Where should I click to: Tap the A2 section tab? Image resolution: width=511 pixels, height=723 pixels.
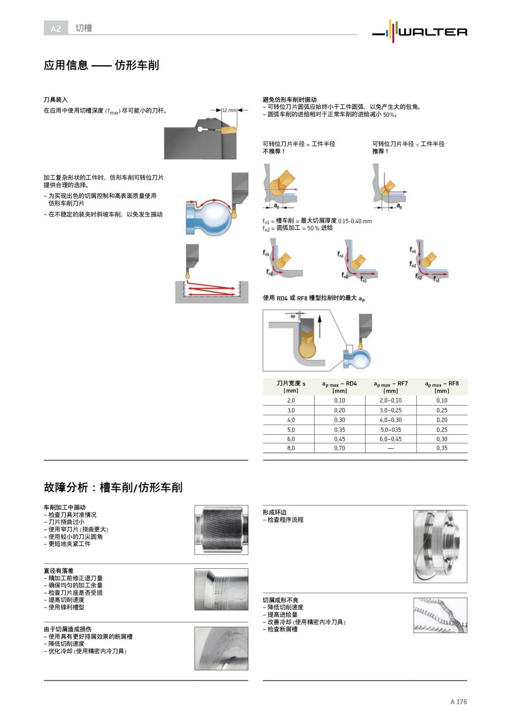(56, 29)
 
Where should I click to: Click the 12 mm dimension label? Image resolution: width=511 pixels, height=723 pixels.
(229, 110)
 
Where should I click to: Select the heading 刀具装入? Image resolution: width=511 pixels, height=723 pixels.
(56, 100)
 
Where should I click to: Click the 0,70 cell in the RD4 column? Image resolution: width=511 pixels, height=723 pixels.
(339, 448)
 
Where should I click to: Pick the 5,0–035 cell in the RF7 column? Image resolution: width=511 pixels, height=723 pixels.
(390, 430)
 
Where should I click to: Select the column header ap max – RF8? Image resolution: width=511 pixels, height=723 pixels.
(442, 386)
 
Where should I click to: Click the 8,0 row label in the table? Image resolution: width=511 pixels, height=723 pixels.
(291, 448)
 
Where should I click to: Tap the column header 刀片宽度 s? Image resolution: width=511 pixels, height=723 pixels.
(291, 386)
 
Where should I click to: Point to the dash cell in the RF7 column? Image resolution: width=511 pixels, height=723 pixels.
(390, 448)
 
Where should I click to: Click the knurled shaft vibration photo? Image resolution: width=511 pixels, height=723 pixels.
(221, 530)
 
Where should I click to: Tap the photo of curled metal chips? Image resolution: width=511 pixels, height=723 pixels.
(440, 615)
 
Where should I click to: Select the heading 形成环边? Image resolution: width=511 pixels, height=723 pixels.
(275, 513)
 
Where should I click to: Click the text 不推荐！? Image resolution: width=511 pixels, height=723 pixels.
(274, 151)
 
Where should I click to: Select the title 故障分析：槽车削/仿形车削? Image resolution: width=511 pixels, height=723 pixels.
(113, 487)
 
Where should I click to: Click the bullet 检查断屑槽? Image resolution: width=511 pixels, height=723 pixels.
(282, 629)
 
